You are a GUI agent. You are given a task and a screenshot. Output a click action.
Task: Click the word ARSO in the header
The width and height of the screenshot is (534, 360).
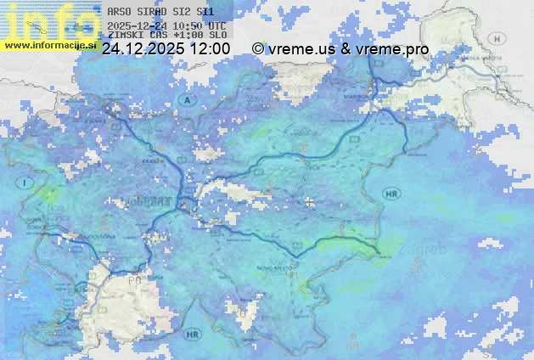(x=118, y=12)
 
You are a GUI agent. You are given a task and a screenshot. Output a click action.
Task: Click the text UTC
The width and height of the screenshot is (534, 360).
(x=217, y=25)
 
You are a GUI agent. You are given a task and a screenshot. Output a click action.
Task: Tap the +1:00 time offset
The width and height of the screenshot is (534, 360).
(x=187, y=36)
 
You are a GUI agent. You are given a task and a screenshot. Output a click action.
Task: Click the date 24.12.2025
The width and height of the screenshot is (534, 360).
(x=143, y=49)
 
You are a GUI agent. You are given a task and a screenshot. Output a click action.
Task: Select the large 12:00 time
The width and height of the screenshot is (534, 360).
(x=210, y=49)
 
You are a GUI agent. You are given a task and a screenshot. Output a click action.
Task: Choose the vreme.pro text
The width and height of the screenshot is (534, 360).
(x=393, y=49)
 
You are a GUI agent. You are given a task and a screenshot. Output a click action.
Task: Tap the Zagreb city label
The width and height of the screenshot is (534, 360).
(x=426, y=250)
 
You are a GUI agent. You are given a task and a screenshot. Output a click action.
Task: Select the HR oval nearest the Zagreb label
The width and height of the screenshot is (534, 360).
(x=391, y=194)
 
